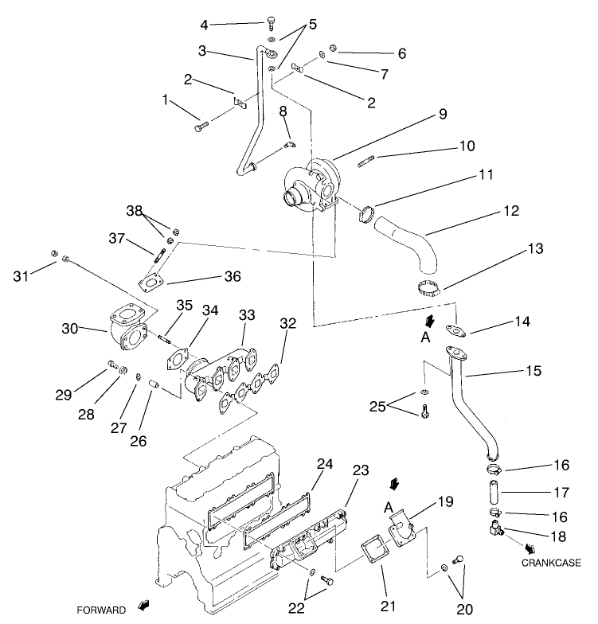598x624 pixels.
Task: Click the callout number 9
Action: (x=443, y=114)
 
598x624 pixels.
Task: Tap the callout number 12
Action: (x=510, y=211)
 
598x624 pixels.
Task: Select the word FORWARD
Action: (x=101, y=610)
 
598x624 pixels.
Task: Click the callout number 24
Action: (x=324, y=463)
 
